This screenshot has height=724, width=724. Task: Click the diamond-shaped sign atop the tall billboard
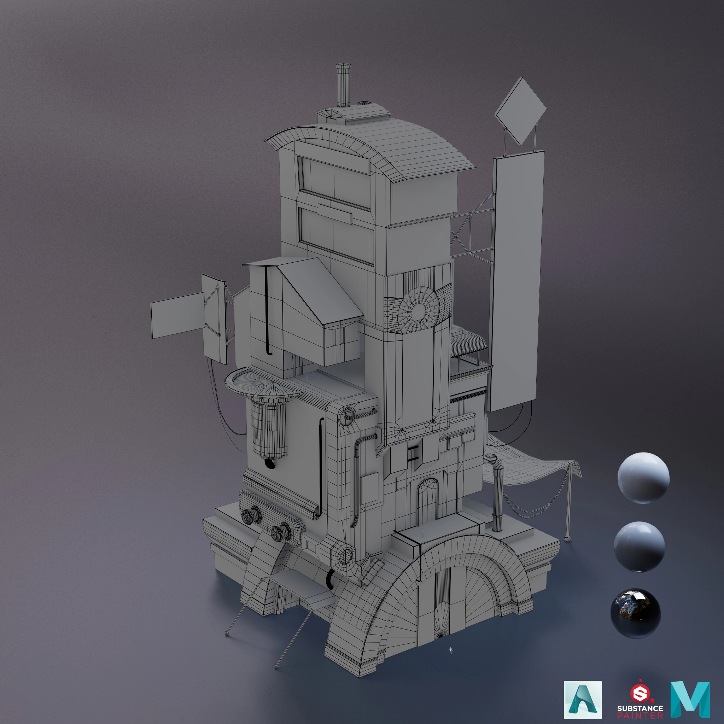(x=520, y=112)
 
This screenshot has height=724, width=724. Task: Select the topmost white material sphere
(x=643, y=478)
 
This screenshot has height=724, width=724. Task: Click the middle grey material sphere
(x=640, y=546)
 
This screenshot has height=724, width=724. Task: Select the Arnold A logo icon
(x=583, y=700)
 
